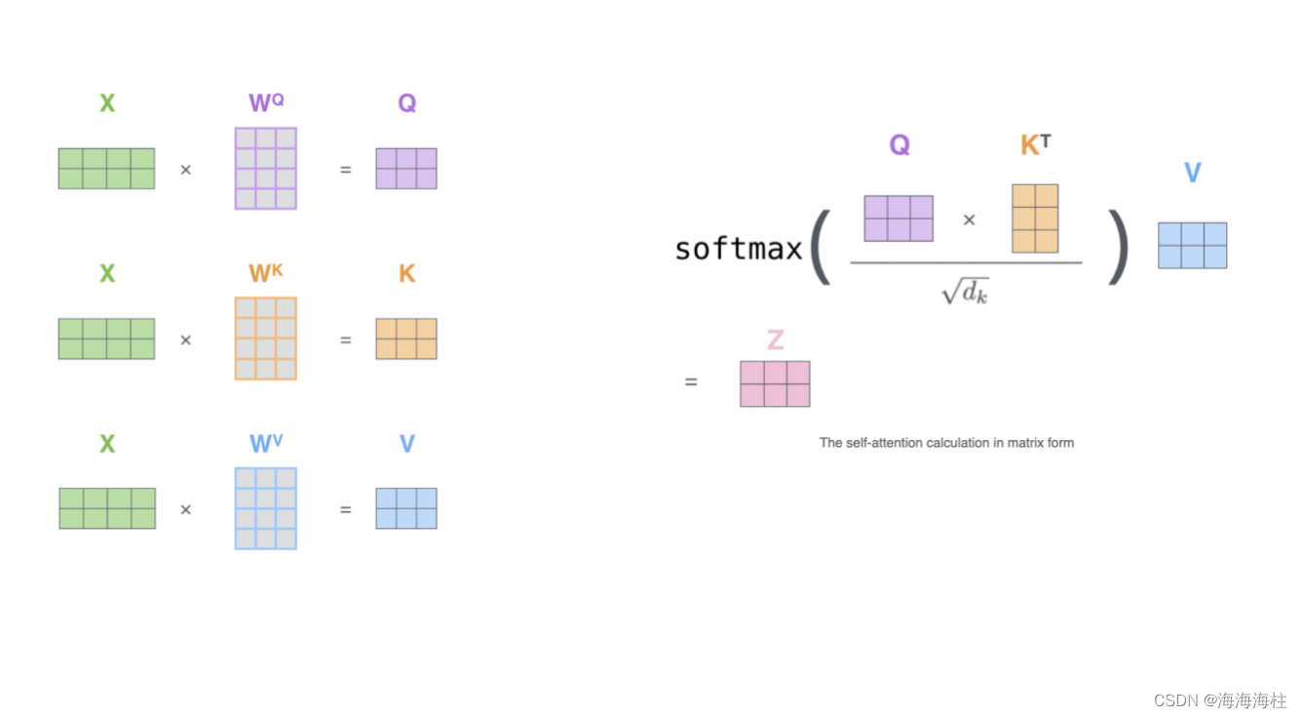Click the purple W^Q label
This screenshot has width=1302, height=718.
pos(266,102)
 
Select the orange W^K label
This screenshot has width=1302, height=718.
pos(266,273)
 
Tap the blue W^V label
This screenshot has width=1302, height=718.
pos(266,444)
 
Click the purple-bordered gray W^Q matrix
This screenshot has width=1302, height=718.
pos(266,169)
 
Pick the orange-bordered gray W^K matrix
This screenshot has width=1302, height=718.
pos(266,339)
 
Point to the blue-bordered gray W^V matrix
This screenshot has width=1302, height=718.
pos(266,508)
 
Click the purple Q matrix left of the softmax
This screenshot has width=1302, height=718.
pos(406,169)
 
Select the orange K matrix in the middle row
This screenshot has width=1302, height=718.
pos(406,339)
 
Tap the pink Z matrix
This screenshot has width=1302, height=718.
pos(775,383)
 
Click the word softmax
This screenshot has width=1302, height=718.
pos(738,249)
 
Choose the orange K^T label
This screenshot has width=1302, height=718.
pos(1035,145)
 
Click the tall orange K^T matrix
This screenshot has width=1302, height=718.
pos(1035,219)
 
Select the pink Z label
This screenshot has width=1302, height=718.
pos(775,340)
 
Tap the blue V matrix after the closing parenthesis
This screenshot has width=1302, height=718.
pos(1192,245)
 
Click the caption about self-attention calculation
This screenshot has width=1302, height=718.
pos(946,443)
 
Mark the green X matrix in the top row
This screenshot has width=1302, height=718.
pos(106,169)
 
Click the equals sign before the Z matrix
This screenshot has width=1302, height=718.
pos(691,382)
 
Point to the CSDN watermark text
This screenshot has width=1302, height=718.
pos(1220,700)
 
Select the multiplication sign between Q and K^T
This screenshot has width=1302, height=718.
pos(969,220)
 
